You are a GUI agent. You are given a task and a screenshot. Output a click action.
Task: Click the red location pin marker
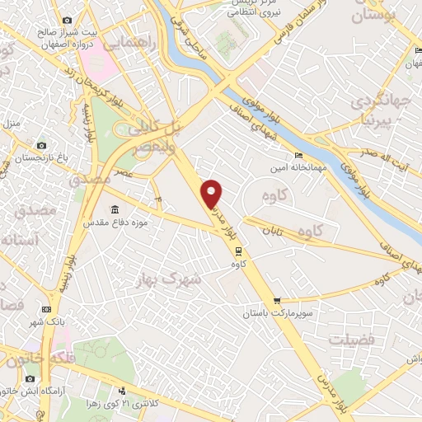point(213,193)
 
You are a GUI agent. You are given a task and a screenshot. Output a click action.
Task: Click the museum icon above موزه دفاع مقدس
point(114,209)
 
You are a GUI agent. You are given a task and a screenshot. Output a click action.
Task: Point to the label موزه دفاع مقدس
point(114,223)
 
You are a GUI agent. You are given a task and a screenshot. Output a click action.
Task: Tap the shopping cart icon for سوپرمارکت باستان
point(277,302)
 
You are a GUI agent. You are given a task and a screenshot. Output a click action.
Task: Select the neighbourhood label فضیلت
point(351,340)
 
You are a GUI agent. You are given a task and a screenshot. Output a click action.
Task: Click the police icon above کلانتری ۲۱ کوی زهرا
point(123,391)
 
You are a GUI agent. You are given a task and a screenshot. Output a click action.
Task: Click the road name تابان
point(273,233)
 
